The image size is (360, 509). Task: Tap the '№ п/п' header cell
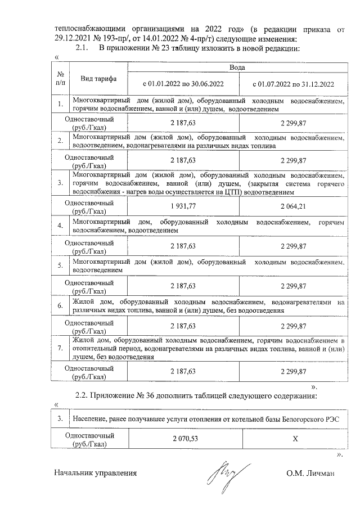pos(60,79)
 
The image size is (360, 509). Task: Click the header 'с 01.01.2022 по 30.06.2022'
pos(183,84)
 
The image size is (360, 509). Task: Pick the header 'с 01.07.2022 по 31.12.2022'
pos(292,84)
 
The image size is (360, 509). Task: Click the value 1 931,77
pos(183,206)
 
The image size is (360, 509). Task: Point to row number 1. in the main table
pos(60,104)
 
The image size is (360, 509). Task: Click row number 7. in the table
pos(60,349)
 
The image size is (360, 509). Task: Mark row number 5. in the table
pos(60,265)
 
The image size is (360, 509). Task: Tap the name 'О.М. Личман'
pos(310,473)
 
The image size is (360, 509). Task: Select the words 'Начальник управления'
pos(96,473)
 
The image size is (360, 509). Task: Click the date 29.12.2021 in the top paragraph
pos(75,38)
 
